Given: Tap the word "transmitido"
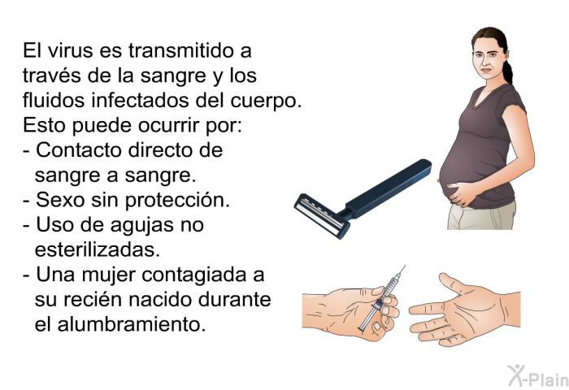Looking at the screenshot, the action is tap(180, 50).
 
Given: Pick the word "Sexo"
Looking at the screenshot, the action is tap(60, 200).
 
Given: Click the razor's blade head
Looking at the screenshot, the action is tap(322, 216).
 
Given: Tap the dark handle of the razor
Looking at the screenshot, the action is tap(389, 188).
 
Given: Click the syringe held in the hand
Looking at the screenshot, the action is tap(382, 298).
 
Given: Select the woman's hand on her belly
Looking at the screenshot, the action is tap(461, 193).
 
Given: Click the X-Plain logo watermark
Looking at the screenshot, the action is tap(537, 375).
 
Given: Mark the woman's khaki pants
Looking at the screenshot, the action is tap(481, 217).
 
